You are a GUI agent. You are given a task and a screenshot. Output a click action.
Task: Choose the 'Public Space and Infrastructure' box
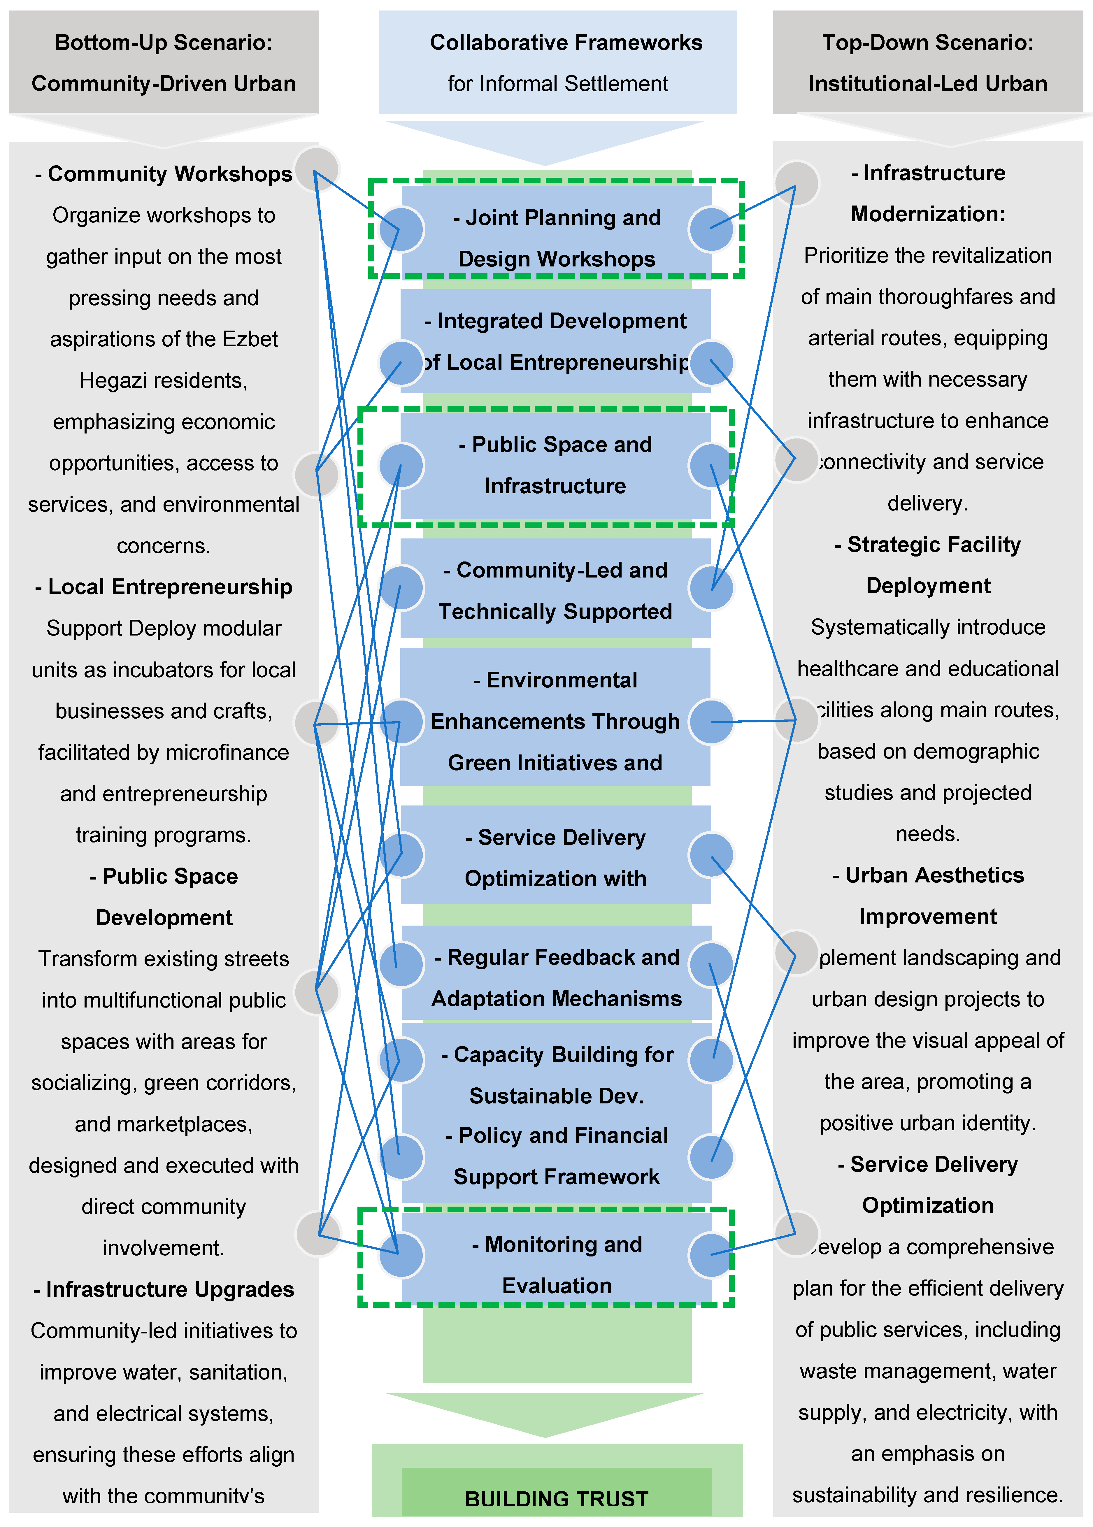tap(555, 465)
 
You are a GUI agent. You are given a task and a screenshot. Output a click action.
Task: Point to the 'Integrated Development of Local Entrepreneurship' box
tap(555, 341)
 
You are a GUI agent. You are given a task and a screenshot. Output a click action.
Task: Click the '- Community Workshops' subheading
tap(164, 174)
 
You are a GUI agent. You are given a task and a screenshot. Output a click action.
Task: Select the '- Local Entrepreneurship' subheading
tap(164, 587)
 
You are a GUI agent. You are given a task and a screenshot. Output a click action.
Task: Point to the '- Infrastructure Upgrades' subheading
tap(164, 1289)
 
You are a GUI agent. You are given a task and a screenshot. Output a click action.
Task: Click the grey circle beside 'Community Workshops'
tap(318, 168)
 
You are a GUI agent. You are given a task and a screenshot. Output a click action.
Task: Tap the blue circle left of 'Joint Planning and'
tap(402, 229)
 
